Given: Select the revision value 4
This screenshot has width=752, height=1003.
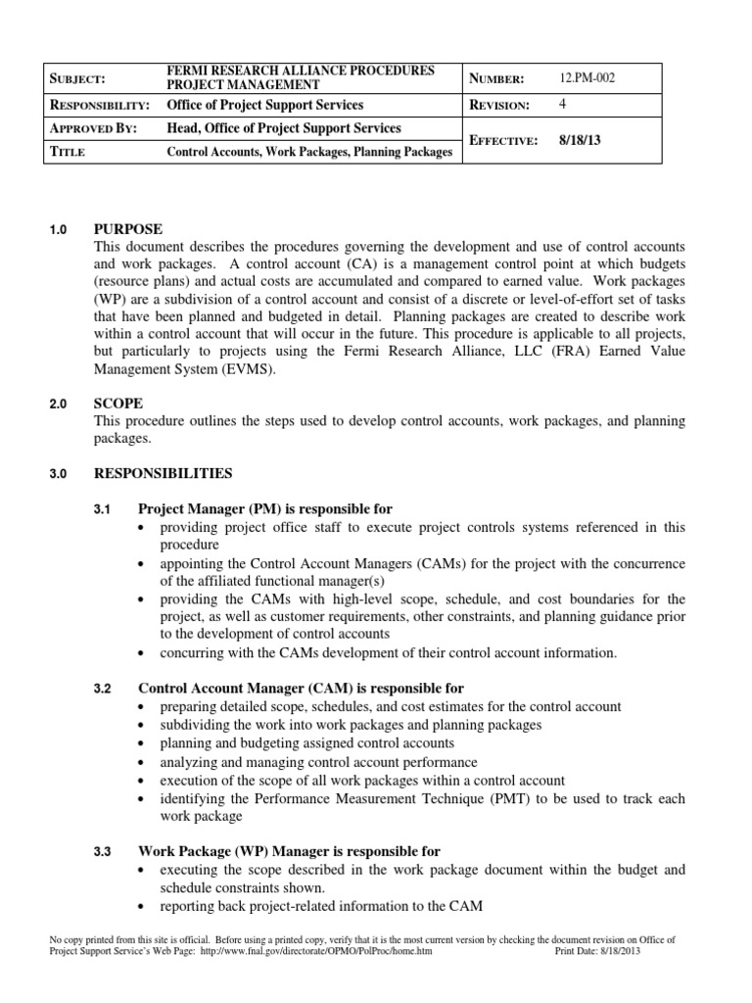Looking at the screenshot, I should click(x=563, y=105).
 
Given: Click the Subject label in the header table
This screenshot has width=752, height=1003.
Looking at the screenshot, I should click(x=85, y=78).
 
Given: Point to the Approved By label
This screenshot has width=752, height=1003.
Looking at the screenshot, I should click(x=97, y=128).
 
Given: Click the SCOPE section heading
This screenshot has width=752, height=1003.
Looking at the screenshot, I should click(x=118, y=403).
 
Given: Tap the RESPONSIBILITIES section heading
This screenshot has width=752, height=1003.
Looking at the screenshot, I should click(x=163, y=473).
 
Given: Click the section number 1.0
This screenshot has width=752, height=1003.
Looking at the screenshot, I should click(x=57, y=229).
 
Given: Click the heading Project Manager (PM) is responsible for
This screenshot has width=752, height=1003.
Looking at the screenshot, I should click(x=265, y=508).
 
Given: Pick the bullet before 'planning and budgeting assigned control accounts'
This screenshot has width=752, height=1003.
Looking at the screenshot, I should click(x=144, y=744).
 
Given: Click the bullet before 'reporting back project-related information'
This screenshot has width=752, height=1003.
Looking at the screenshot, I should click(x=144, y=905).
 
